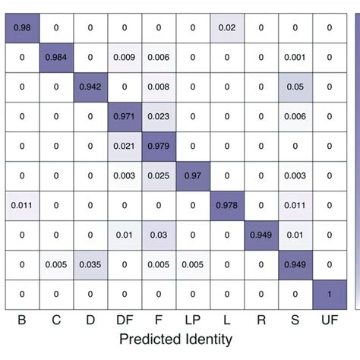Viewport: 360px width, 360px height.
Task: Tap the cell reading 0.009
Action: [x=124, y=57]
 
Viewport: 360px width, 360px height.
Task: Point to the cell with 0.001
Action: [x=294, y=57]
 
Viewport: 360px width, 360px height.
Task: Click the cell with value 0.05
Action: [x=294, y=87]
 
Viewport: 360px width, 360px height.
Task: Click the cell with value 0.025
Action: [x=159, y=175]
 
